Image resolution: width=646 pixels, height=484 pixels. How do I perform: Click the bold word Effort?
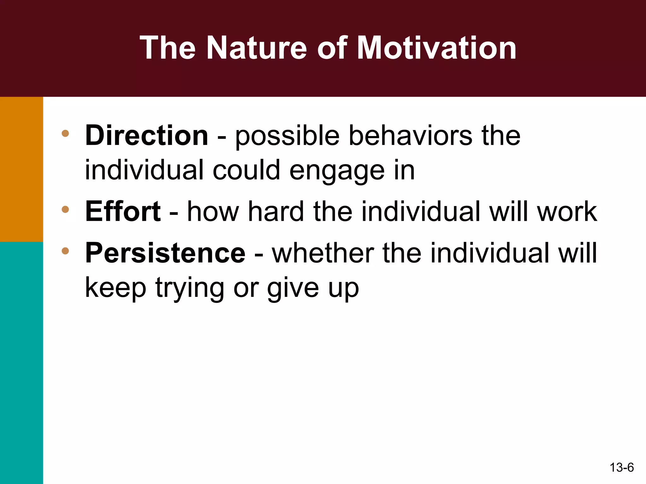coord(123,211)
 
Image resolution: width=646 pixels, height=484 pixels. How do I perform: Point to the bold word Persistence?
coord(165,253)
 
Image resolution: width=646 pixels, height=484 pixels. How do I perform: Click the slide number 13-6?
coord(621,467)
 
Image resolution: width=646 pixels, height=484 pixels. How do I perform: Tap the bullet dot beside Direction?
coord(65,133)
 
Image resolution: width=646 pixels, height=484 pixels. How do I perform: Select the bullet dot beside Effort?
coord(65,209)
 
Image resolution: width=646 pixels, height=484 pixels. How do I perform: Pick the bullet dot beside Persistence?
coord(65,251)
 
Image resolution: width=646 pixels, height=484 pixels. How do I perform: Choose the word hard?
coord(276,211)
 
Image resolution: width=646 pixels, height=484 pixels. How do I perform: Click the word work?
coord(567,211)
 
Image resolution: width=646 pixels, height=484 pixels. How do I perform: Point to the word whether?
coord(323,253)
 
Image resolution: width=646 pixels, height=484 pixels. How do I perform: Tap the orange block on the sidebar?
coord(21,169)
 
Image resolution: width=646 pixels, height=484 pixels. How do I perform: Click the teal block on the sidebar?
coord(21,362)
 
